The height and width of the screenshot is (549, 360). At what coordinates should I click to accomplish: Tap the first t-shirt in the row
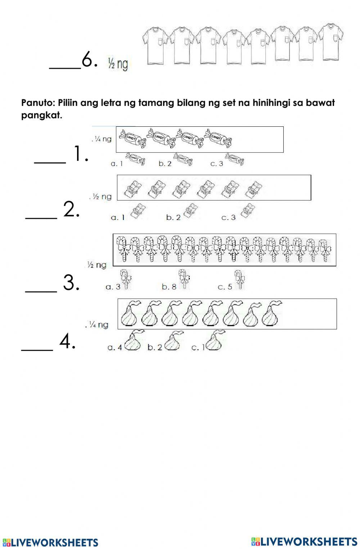(155, 45)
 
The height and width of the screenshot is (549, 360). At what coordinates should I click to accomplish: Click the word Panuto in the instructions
(38, 103)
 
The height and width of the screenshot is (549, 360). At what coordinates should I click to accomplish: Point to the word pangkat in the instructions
(42, 115)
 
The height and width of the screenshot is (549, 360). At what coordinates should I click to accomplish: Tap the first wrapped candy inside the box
(132, 138)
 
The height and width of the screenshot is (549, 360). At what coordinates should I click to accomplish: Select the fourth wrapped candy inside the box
(217, 138)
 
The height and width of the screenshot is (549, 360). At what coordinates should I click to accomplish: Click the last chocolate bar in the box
(253, 189)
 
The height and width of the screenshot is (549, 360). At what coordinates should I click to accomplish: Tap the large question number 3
(71, 283)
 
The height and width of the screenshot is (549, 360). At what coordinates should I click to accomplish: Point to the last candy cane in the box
(325, 251)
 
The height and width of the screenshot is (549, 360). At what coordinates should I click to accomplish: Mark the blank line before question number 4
(37, 350)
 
